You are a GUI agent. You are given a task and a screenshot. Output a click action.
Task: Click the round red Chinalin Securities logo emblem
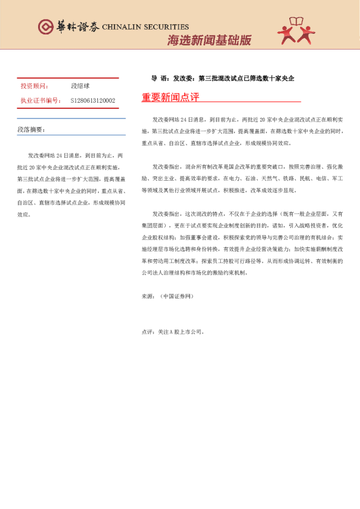point(45,27)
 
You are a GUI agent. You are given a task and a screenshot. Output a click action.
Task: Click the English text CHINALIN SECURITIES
point(146,27)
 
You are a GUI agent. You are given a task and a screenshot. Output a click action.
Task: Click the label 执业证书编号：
point(41,100)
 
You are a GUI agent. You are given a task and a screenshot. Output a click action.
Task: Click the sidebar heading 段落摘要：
point(31,129)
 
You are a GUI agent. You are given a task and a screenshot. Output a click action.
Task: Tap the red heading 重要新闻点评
point(170,97)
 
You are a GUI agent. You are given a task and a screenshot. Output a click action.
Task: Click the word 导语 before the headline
point(159,79)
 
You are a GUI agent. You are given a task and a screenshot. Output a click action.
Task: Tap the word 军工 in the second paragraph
point(338,180)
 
